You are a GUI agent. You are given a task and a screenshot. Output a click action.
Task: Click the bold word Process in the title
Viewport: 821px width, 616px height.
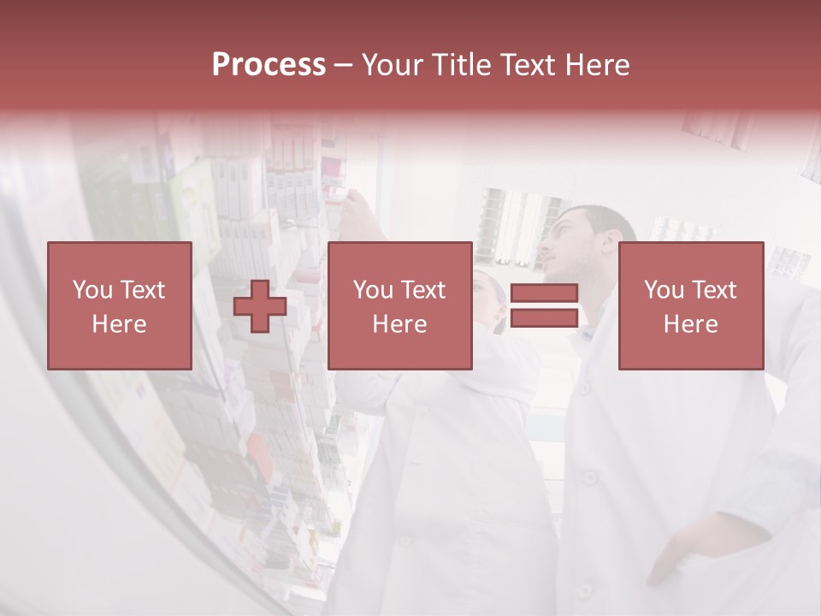(x=269, y=65)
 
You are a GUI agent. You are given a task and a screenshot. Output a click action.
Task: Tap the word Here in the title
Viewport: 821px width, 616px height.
(x=596, y=65)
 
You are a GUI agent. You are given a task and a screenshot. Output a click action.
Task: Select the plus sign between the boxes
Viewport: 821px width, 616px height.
(x=260, y=306)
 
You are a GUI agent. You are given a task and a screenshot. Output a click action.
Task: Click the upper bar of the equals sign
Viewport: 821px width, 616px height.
(x=544, y=293)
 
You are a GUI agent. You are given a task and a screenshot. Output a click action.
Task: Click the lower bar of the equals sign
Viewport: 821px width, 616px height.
(x=544, y=318)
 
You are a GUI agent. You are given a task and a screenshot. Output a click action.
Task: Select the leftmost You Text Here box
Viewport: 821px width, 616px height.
(x=120, y=305)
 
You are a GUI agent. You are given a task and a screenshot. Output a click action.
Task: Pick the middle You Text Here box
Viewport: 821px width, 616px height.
(x=399, y=305)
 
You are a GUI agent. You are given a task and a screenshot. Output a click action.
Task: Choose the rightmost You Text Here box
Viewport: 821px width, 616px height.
(x=690, y=305)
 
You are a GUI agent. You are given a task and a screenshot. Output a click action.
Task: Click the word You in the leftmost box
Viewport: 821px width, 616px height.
(x=92, y=290)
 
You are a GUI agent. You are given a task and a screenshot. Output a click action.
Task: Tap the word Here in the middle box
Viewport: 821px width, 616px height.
(x=399, y=324)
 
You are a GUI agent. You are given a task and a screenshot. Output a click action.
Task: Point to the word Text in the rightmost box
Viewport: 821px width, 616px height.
(x=714, y=290)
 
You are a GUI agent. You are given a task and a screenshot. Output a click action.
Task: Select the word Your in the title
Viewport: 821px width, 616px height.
(x=391, y=65)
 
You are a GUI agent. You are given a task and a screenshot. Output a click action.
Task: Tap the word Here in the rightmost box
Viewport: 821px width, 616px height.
(x=690, y=324)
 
